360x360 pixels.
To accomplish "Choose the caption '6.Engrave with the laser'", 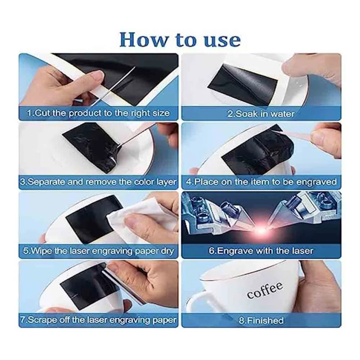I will pyautogui.click(x=261, y=251).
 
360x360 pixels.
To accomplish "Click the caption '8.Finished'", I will pyautogui.click(x=261, y=320).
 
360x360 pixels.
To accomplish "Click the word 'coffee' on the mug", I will pyautogui.click(x=265, y=290).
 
